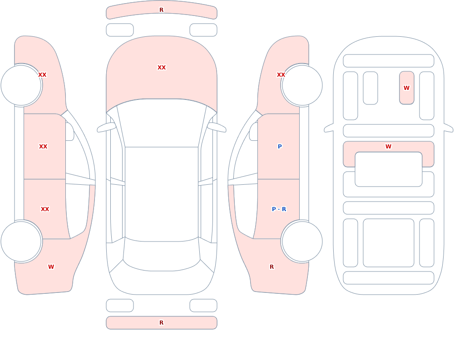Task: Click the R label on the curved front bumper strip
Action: coord(161,10)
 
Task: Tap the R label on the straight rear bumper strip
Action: coord(161,323)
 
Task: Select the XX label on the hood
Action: coord(162,68)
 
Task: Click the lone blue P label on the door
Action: coord(280,147)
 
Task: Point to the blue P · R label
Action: coord(279,209)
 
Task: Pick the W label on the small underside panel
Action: coord(406,88)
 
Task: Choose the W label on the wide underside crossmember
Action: coord(388,147)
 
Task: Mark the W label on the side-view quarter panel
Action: coord(51,267)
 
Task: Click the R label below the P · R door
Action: coord(271,267)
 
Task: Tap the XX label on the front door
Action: coord(43,147)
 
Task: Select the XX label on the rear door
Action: coord(45,209)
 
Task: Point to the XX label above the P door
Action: coord(281,75)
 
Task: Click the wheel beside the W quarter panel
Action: coord(21,241)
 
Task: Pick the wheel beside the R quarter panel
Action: coord(302,241)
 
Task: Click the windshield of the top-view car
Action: coord(162,122)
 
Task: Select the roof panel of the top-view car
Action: coord(162,194)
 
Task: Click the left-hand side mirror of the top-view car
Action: coord(106,127)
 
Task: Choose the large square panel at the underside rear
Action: coord(388,243)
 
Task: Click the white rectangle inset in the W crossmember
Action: coord(388,169)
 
